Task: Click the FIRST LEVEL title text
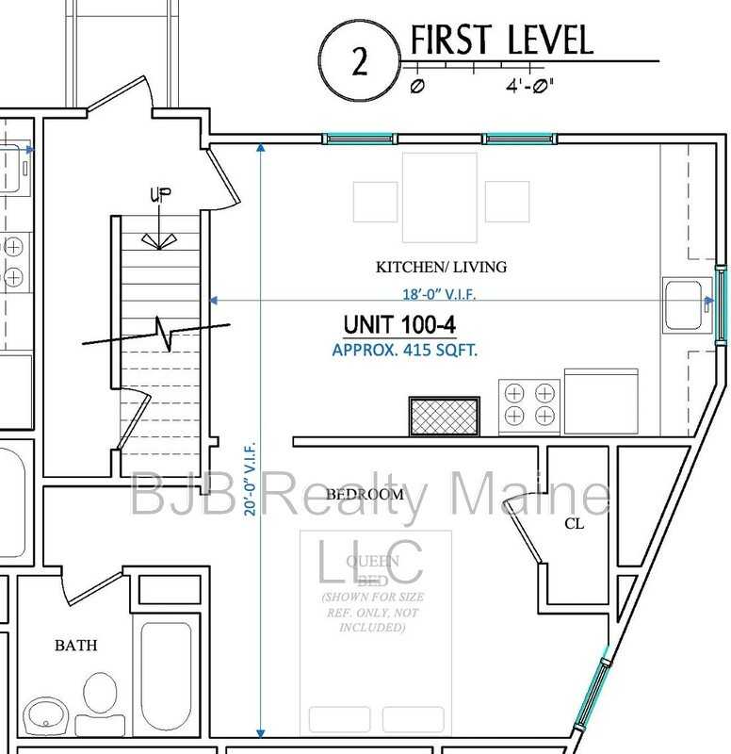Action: [501, 40]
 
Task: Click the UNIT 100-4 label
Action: [399, 325]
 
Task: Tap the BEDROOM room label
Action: [365, 494]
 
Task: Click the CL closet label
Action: [574, 523]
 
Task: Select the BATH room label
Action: [75, 646]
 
